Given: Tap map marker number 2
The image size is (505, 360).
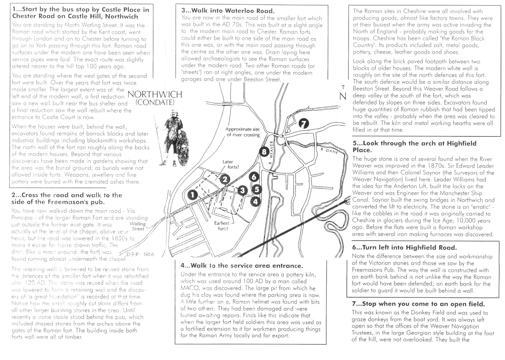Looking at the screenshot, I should (224, 180).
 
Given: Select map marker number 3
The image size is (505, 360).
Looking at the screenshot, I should (242, 190).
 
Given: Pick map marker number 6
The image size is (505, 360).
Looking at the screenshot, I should (254, 178).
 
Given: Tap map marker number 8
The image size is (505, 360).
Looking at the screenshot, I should (264, 152).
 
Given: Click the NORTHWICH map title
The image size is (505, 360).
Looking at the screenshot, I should (155, 94).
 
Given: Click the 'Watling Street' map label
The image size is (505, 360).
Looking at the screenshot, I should (138, 226).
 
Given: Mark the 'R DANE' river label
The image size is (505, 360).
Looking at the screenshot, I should (329, 151).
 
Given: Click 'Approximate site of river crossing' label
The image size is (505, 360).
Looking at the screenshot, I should (243, 132).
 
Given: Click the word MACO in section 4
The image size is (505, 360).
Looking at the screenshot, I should (189, 288).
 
